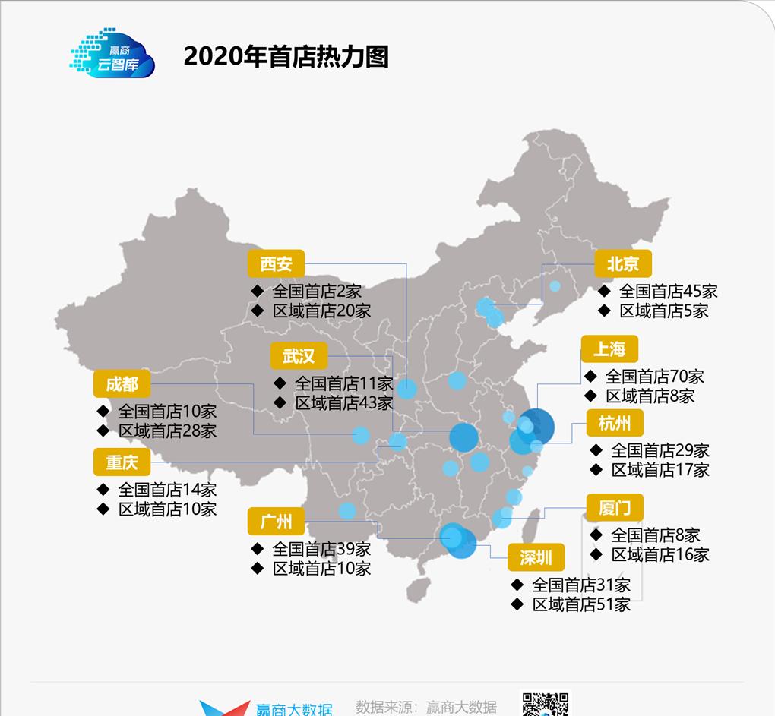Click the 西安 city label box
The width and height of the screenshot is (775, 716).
pos(276,264)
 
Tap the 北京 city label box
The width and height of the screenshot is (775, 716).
pos(623,264)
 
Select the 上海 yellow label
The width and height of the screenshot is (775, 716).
pos(609,349)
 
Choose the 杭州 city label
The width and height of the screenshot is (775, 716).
pos(615,423)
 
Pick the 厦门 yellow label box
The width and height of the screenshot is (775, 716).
pos(615,508)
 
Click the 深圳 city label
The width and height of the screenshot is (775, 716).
pos(536,557)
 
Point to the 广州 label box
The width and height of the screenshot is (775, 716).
pos(276,522)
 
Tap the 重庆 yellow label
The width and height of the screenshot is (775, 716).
pos(122,462)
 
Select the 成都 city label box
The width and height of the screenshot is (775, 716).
pos(122,384)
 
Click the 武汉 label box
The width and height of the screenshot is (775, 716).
pos(299,355)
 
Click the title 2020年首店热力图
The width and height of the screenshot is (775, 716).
pos(286,57)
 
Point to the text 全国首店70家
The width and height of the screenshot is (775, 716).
pos(654,376)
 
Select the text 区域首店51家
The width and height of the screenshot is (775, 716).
pos(581,604)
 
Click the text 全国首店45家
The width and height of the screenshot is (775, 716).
pos(668,291)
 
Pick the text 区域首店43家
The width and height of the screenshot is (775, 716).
pos(343,403)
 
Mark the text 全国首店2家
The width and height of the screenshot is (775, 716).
pos(317,291)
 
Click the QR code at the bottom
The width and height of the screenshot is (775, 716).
pos(545,704)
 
